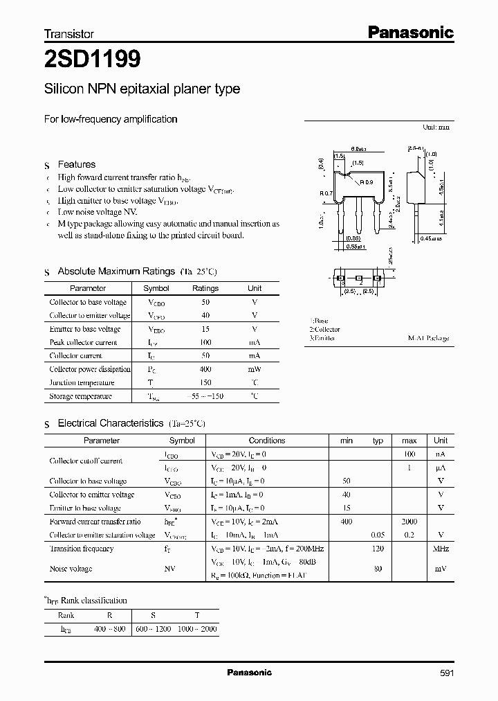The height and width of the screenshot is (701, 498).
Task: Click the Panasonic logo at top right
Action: (409, 32)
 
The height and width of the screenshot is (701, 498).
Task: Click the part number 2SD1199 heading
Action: (93, 60)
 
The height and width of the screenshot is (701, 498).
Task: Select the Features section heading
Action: (76, 164)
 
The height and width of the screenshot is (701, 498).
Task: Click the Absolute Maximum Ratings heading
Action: (116, 271)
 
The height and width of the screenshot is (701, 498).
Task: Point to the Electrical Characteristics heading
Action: (110, 423)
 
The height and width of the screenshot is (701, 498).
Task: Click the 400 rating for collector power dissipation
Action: (205, 369)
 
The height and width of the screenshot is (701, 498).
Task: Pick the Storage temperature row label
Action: (80, 396)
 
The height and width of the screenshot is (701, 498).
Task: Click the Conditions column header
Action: (266, 441)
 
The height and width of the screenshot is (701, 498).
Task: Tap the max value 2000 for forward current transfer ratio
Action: (409, 522)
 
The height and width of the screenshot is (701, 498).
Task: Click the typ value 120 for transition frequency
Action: (378, 549)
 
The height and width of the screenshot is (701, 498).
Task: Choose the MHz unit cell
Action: (440, 549)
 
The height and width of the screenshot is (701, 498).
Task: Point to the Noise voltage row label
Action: (71, 568)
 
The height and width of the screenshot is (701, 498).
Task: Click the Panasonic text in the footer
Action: (249, 673)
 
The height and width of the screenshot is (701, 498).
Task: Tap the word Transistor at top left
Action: (69, 33)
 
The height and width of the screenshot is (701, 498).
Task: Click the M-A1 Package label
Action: (428, 338)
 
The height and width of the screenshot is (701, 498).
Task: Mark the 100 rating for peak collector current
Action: (205, 342)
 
